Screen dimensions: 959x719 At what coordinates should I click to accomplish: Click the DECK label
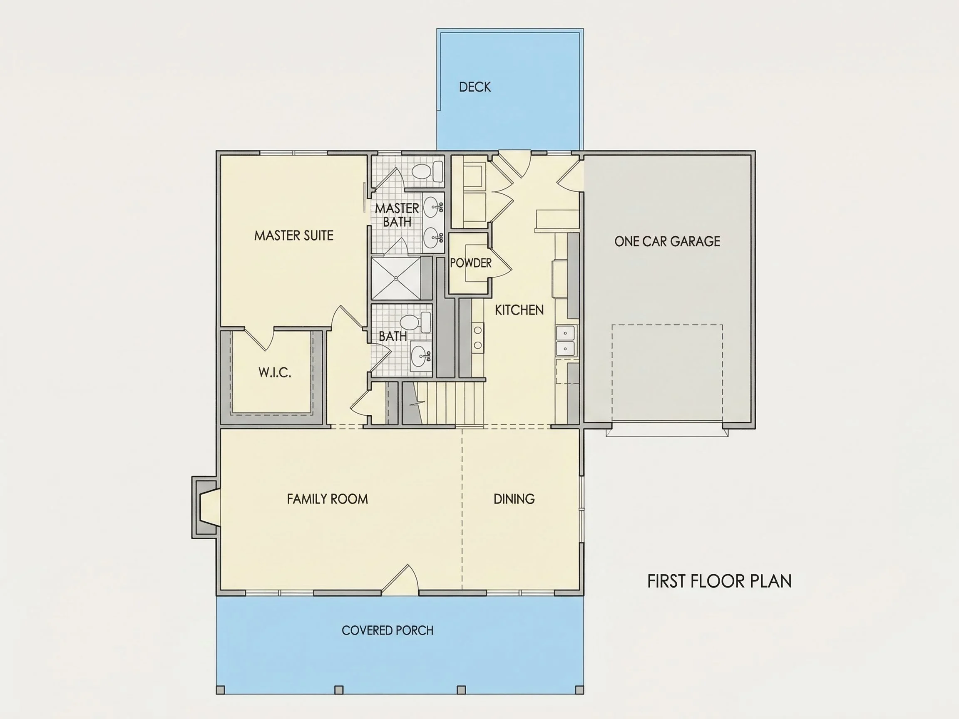(x=475, y=87)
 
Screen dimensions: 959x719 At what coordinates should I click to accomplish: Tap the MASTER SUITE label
(x=294, y=236)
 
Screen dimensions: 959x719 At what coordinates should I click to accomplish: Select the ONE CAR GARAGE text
(x=667, y=241)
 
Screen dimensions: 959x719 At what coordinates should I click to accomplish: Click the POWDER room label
(x=471, y=263)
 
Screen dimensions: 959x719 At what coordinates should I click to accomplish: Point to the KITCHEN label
(x=519, y=310)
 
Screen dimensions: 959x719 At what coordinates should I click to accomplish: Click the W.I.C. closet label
(x=275, y=372)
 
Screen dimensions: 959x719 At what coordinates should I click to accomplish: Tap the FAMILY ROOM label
(x=327, y=499)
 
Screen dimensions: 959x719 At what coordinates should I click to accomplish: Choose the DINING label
(x=514, y=499)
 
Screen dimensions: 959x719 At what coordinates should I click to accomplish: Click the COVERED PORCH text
(x=388, y=630)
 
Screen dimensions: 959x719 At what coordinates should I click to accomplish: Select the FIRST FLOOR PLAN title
(x=720, y=581)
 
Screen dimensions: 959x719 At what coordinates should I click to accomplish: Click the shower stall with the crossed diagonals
(x=396, y=278)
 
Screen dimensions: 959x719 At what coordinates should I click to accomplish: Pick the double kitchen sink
(x=565, y=341)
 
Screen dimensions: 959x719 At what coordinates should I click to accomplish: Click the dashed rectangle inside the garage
(x=667, y=376)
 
